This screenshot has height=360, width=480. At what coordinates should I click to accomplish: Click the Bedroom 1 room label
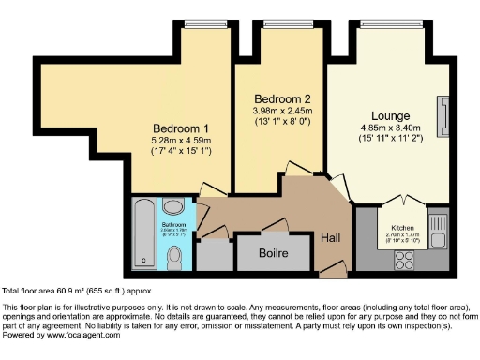[181, 128]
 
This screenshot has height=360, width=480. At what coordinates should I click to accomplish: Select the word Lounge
[390, 114]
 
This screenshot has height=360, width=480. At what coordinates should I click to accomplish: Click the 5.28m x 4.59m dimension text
[181, 142]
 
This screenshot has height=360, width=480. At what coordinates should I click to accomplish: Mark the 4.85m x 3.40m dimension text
[390, 128]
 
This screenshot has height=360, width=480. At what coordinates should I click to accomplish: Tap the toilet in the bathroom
[174, 206]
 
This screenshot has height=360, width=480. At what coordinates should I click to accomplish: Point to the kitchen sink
[437, 225]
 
